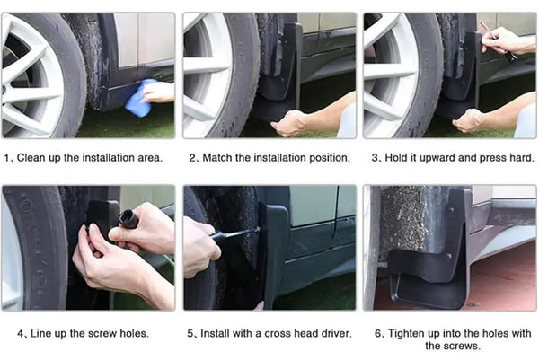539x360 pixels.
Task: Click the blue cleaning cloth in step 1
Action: pos(139,98)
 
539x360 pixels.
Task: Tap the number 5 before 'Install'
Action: pos(190,334)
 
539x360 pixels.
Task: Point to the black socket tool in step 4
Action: pos(128,219)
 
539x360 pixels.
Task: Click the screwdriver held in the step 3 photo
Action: pos(498,40)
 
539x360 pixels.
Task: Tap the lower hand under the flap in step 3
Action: pos(469,121)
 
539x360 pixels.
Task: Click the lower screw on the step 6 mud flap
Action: pos(448,256)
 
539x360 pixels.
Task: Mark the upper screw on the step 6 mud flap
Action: pos(451,209)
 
